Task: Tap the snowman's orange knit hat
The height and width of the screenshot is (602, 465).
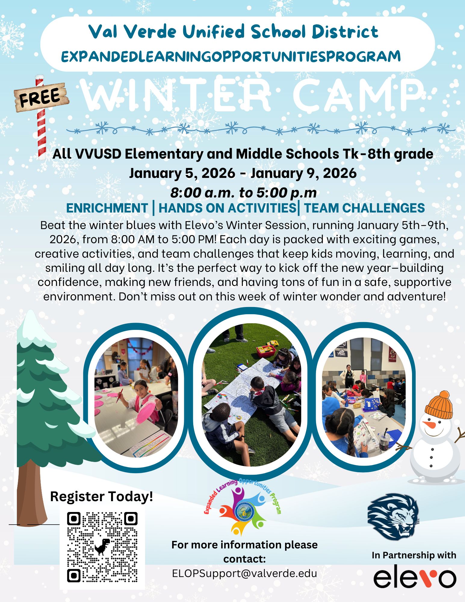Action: click(439, 405)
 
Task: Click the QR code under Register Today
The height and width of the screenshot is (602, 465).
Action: click(102, 547)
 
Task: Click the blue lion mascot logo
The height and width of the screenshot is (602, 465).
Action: click(393, 516)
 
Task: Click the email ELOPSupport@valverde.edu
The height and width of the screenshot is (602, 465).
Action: click(244, 573)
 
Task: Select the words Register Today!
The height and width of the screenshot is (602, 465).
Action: click(101, 496)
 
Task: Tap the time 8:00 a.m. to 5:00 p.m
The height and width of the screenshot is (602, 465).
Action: click(243, 193)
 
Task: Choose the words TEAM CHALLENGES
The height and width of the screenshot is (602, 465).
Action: click(364, 208)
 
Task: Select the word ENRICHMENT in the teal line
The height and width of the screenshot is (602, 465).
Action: click(107, 208)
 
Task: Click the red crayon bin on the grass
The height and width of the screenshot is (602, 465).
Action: click(266, 349)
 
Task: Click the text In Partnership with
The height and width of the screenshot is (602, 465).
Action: click(414, 555)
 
